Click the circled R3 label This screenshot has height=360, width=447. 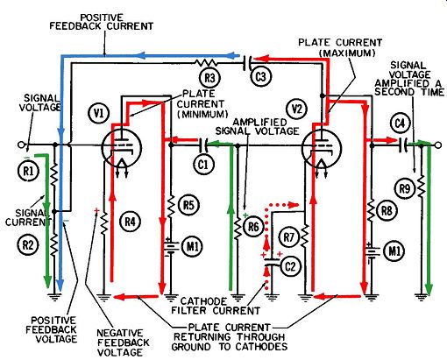(209, 78)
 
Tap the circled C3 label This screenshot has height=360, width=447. (261, 77)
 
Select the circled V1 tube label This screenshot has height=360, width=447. (99, 113)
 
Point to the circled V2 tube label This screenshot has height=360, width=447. (297, 109)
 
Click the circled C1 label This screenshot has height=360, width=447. (203, 165)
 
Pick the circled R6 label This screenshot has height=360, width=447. (253, 226)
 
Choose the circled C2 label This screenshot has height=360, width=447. (290, 266)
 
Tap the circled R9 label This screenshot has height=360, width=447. (405, 189)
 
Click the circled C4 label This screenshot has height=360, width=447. (400, 124)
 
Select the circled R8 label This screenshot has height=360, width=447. (387, 210)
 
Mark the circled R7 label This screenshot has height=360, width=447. (288, 237)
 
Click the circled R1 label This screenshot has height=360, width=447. (28, 171)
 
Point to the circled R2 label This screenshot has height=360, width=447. (28, 244)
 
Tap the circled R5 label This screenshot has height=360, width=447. (188, 205)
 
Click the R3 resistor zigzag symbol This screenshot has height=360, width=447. (206, 62)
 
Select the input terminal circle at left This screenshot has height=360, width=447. (20, 145)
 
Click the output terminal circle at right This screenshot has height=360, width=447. (438, 145)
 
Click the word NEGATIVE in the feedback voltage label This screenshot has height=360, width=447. (119, 333)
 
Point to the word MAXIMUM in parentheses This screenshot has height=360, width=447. (347, 53)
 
